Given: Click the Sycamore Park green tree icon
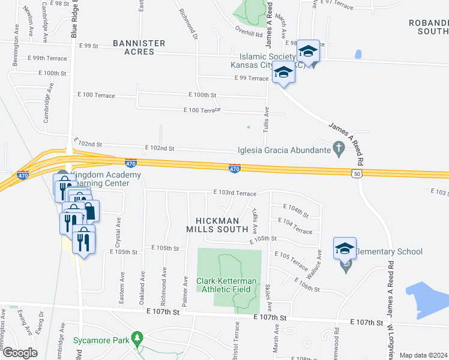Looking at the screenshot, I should tap(138, 340).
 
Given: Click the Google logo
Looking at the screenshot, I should tap(20, 352).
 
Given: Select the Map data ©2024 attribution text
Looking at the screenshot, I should tap(423, 355).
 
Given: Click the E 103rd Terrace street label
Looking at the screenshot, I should tap(235, 193).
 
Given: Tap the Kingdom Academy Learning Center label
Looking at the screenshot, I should tap(106, 179).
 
